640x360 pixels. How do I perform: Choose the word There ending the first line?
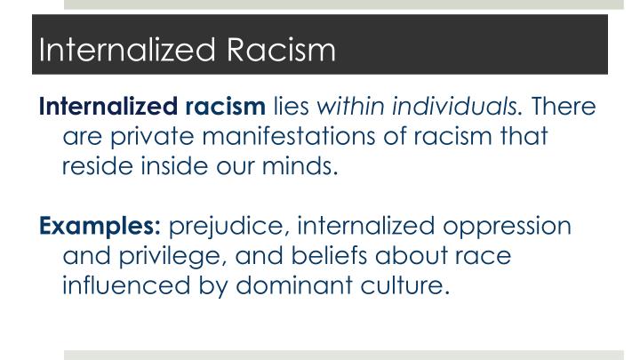[x=564, y=108]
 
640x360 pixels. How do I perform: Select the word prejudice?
[x=221, y=225]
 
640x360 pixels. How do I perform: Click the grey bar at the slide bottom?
[x=351, y=355]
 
